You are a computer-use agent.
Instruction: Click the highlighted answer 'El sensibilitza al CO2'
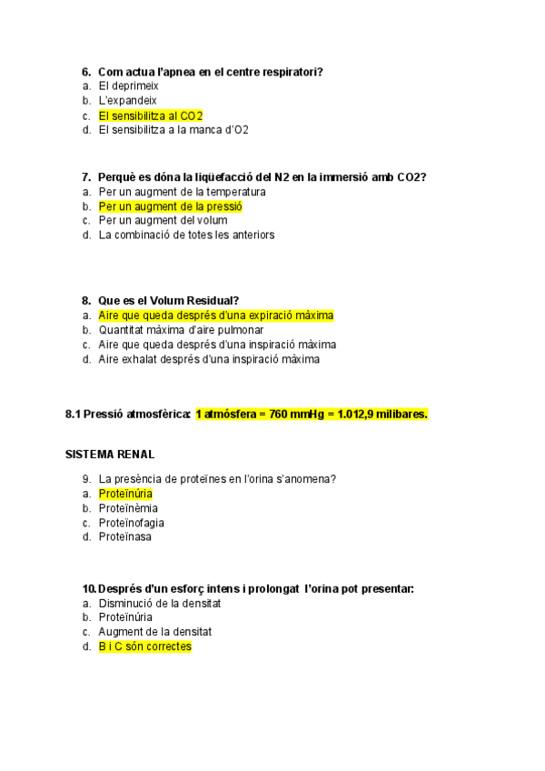pos(151,115)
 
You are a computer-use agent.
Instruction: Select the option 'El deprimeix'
pos(128,85)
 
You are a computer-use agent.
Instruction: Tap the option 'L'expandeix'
pos(128,100)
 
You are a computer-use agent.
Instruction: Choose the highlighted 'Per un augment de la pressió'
pos(171,206)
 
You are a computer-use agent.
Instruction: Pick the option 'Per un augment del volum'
pos(163,220)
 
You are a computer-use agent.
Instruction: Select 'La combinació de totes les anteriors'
pos(186,235)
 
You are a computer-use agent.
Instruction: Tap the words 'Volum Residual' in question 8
pos(189,300)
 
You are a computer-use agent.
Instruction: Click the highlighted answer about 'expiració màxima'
pos(216,315)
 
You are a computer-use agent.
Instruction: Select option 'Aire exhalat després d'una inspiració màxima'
pos(209,359)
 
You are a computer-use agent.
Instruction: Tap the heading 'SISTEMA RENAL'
pos(110,454)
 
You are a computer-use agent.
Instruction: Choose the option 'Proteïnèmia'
pos(128,508)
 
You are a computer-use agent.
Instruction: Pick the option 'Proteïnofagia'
pos(132,523)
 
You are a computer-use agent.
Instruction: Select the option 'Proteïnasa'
pos(125,536)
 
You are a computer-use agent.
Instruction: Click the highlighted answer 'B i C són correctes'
pos(145,646)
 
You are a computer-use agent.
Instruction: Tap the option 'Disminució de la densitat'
pos(160,603)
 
